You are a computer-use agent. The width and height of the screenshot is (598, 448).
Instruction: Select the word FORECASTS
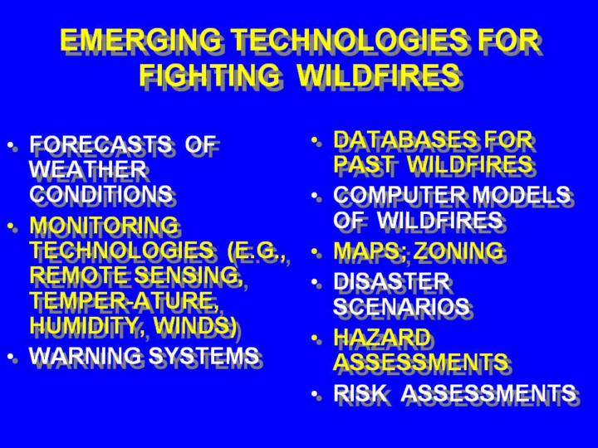[x=100, y=144]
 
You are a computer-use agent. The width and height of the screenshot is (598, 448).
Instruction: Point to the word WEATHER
[x=88, y=168]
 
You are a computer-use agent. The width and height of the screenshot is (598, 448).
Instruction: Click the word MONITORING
[x=104, y=225]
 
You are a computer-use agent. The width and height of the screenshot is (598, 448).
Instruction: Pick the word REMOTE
[x=80, y=275]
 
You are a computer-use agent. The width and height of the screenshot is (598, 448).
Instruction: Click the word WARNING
[x=86, y=355]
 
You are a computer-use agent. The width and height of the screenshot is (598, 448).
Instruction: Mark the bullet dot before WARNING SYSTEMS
[x=12, y=357]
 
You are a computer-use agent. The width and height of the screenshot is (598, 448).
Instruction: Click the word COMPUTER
[x=399, y=195]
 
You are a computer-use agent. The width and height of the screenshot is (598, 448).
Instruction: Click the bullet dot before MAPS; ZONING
[x=315, y=252]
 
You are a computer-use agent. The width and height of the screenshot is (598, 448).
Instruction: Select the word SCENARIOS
[x=401, y=306]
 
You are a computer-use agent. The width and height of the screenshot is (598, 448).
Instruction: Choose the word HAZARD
[x=382, y=337]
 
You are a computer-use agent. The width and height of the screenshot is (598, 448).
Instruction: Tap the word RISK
[x=360, y=392]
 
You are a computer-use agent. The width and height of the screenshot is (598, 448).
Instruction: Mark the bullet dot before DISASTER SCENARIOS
[x=315, y=282]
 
